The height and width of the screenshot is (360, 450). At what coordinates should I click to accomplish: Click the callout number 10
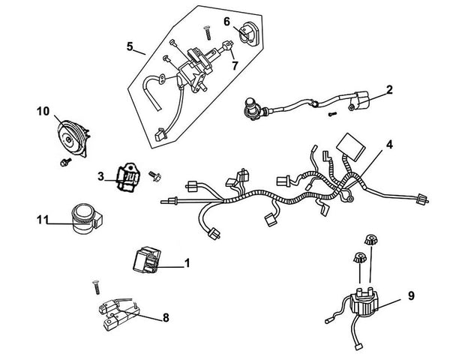(43, 112)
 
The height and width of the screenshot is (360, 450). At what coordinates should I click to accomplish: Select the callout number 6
(227, 22)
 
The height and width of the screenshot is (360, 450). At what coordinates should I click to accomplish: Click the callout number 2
(389, 89)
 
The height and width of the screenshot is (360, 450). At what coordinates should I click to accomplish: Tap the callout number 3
(100, 176)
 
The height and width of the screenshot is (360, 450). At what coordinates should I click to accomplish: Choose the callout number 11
(42, 220)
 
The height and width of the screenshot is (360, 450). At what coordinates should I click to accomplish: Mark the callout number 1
(187, 263)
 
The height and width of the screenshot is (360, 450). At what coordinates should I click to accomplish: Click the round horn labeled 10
(73, 134)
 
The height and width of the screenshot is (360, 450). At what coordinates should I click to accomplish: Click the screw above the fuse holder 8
(96, 286)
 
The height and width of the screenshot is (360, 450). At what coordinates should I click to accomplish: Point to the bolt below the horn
(64, 160)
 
